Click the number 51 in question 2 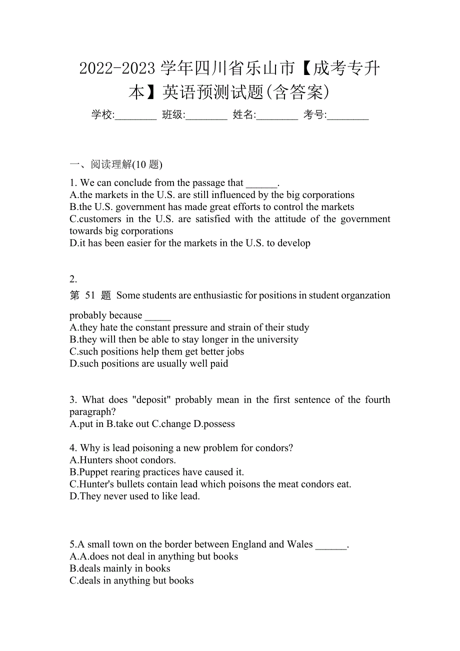click(x=90, y=295)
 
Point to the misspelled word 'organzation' click(x=365, y=295)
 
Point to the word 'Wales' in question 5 click(x=299, y=544)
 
